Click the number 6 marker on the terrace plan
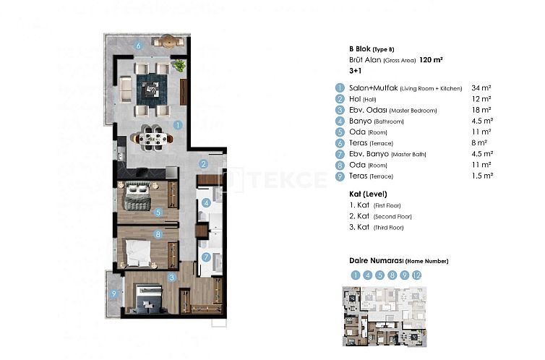pyautogui.click(x=139, y=46)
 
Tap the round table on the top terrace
pyautogui.click(x=169, y=41)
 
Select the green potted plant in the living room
pyautogui.click(x=179, y=66)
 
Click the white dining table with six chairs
pyautogui.click(x=153, y=137)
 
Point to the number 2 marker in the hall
pyautogui.click(x=205, y=164)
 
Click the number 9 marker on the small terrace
pyautogui.click(x=113, y=293)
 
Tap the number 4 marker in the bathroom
pyautogui.click(x=206, y=203)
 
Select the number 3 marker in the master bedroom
pyautogui.click(x=172, y=276)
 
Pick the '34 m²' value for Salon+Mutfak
pyautogui.click(x=481, y=87)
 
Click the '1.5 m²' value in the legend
pyautogui.click(x=482, y=176)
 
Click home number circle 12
pyautogui.click(x=416, y=275)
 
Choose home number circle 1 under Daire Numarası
pyautogui.click(x=355, y=275)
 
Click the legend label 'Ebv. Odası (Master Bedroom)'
pyautogui.click(x=393, y=110)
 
